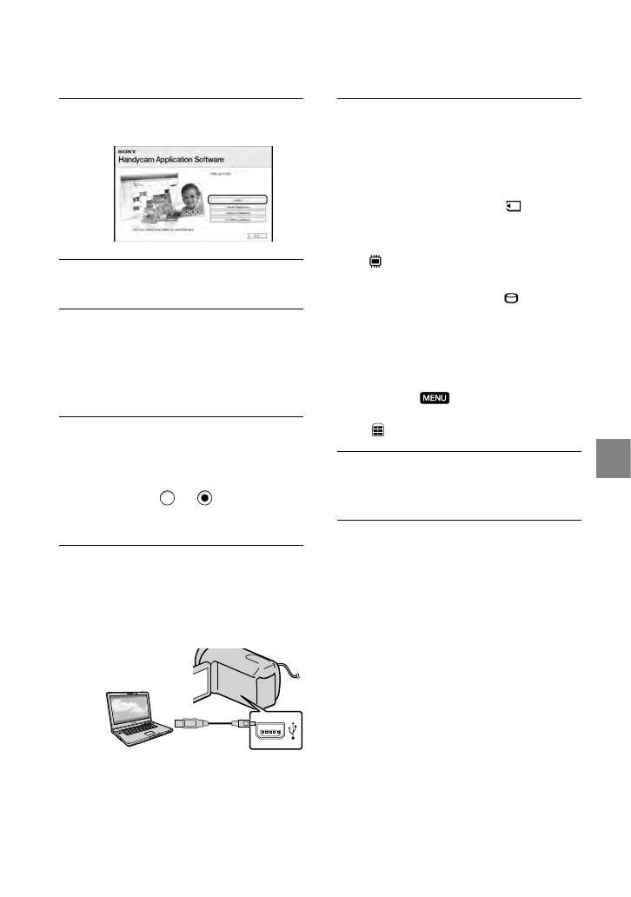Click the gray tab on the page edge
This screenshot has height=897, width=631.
pos(614,455)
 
